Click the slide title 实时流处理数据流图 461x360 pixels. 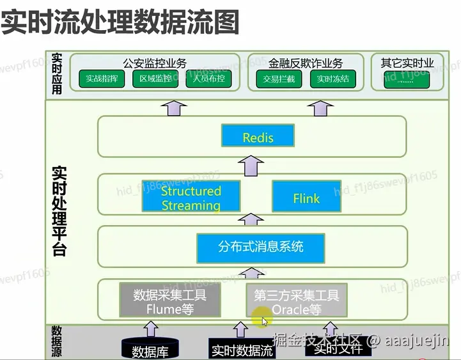click(x=120, y=22)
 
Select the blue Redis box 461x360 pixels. click(x=258, y=137)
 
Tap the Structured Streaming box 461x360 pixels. click(x=191, y=198)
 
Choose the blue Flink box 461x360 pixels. click(x=306, y=198)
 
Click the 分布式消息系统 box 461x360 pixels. click(x=261, y=246)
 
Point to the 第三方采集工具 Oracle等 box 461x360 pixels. click(x=297, y=302)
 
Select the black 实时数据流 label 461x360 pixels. click(x=242, y=350)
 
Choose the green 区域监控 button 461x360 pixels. click(x=156, y=80)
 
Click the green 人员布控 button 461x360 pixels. click(x=208, y=80)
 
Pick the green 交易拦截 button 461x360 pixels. click(x=278, y=80)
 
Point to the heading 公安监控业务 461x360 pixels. click(x=155, y=63)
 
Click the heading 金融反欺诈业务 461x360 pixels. click(x=306, y=63)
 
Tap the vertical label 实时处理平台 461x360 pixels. click(x=59, y=211)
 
